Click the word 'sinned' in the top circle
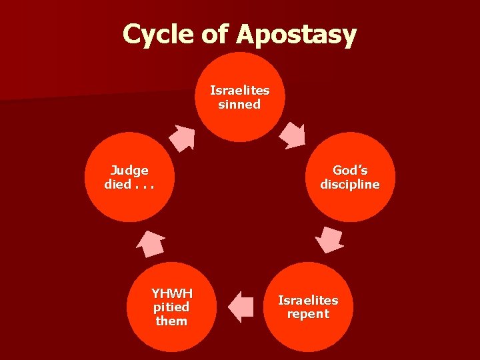click(239, 105)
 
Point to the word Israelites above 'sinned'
click(240, 90)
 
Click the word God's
click(350, 170)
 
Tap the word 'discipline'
click(350, 184)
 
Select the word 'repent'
click(308, 314)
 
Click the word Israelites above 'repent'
click(308, 300)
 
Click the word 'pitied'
click(171, 307)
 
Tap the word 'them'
click(171, 321)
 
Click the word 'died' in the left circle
click(117, 184)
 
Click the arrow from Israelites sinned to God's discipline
click(291, 135)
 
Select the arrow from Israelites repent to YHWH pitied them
click(241, 307)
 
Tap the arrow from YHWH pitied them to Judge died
click(151, 243)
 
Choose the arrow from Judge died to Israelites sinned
click(181, 137)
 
